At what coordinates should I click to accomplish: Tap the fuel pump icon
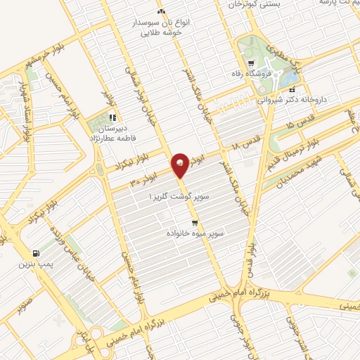[35, 253]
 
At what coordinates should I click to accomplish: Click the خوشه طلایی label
[161, 32]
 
